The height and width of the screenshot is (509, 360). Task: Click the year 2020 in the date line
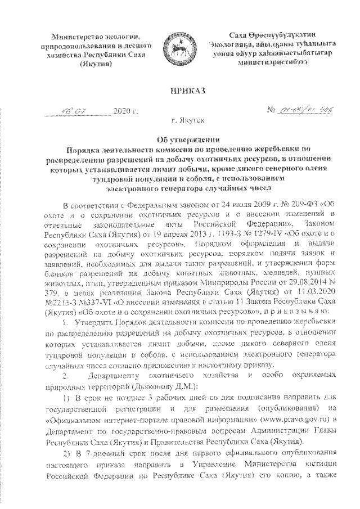point(121,111)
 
